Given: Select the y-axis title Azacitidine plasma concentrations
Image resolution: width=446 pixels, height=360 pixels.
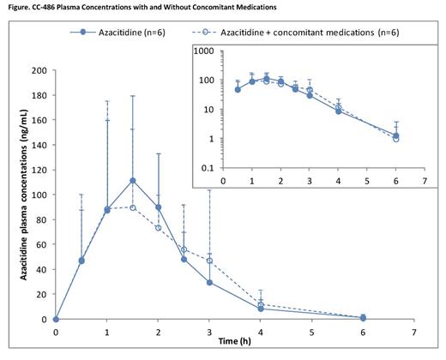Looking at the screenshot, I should tap(14, 195).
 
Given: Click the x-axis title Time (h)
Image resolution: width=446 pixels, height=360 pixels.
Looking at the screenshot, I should tap(234, 341).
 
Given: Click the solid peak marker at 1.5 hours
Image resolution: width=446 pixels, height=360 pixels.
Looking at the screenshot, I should tap(132, 181).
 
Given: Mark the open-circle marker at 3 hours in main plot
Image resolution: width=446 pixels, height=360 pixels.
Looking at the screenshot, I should tap(209, 261).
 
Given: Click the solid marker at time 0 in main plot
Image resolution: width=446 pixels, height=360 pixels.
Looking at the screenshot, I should tap(56, 319).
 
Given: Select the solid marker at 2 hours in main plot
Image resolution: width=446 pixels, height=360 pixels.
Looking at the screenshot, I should tap(158, 207).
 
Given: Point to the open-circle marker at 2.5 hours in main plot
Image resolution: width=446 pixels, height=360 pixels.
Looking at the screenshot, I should tap(184, 249).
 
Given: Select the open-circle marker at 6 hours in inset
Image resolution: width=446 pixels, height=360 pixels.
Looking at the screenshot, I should tap(395, 139).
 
